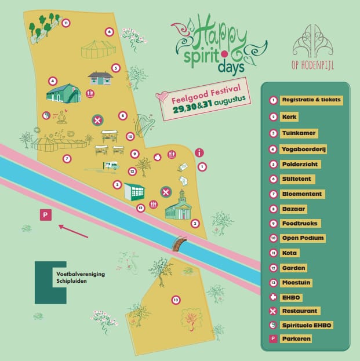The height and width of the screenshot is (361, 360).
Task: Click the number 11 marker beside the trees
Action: [66, 23]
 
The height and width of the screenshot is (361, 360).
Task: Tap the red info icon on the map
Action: [199, 153]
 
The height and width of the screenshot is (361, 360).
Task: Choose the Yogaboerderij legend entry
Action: [304, 149]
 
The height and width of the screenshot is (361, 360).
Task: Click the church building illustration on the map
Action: [178, 206]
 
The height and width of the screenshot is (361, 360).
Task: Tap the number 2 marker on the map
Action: [195, 223]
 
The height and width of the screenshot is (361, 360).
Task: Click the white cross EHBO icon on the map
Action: [157, 157]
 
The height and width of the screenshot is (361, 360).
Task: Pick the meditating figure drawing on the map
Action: [60, 117]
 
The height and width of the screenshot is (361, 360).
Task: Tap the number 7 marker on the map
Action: [67, 159]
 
